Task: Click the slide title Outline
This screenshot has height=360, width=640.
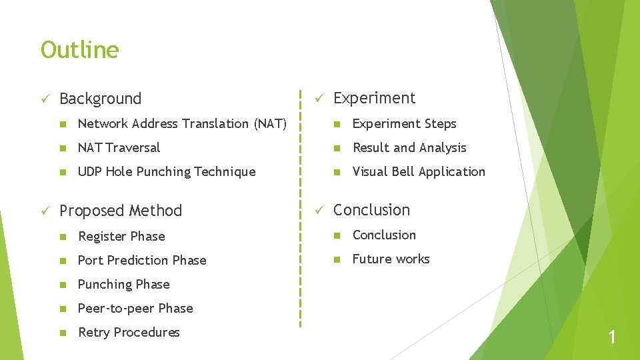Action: pos(79,50)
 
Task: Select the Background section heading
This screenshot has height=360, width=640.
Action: pos(100,99)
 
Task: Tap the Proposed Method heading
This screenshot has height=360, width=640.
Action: pos(120,211)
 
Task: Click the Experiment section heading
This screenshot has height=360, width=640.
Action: pos(374,98)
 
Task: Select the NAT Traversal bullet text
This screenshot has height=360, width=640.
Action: pos(119,147)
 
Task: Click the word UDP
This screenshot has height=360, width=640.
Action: pos(90,171)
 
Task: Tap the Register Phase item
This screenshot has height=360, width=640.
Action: pos(121,236)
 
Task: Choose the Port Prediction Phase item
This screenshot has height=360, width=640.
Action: pos(142,260)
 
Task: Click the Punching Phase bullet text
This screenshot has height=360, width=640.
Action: pos(123,284)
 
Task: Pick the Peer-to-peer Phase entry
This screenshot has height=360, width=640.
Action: pos(135,308)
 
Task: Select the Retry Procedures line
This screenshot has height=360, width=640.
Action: pos(129,332)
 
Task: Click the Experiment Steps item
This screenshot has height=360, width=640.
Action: pos(404,123)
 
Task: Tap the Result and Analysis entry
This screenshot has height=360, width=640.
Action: pos(409,147)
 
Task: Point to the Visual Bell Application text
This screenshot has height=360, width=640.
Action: pos(419,171)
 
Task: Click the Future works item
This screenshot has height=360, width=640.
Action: pos(391,259)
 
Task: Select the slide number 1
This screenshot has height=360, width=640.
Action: pos(612,338)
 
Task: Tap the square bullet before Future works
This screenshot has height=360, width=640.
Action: pos(338,259)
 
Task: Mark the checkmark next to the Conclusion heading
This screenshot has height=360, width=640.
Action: pos(319,210)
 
